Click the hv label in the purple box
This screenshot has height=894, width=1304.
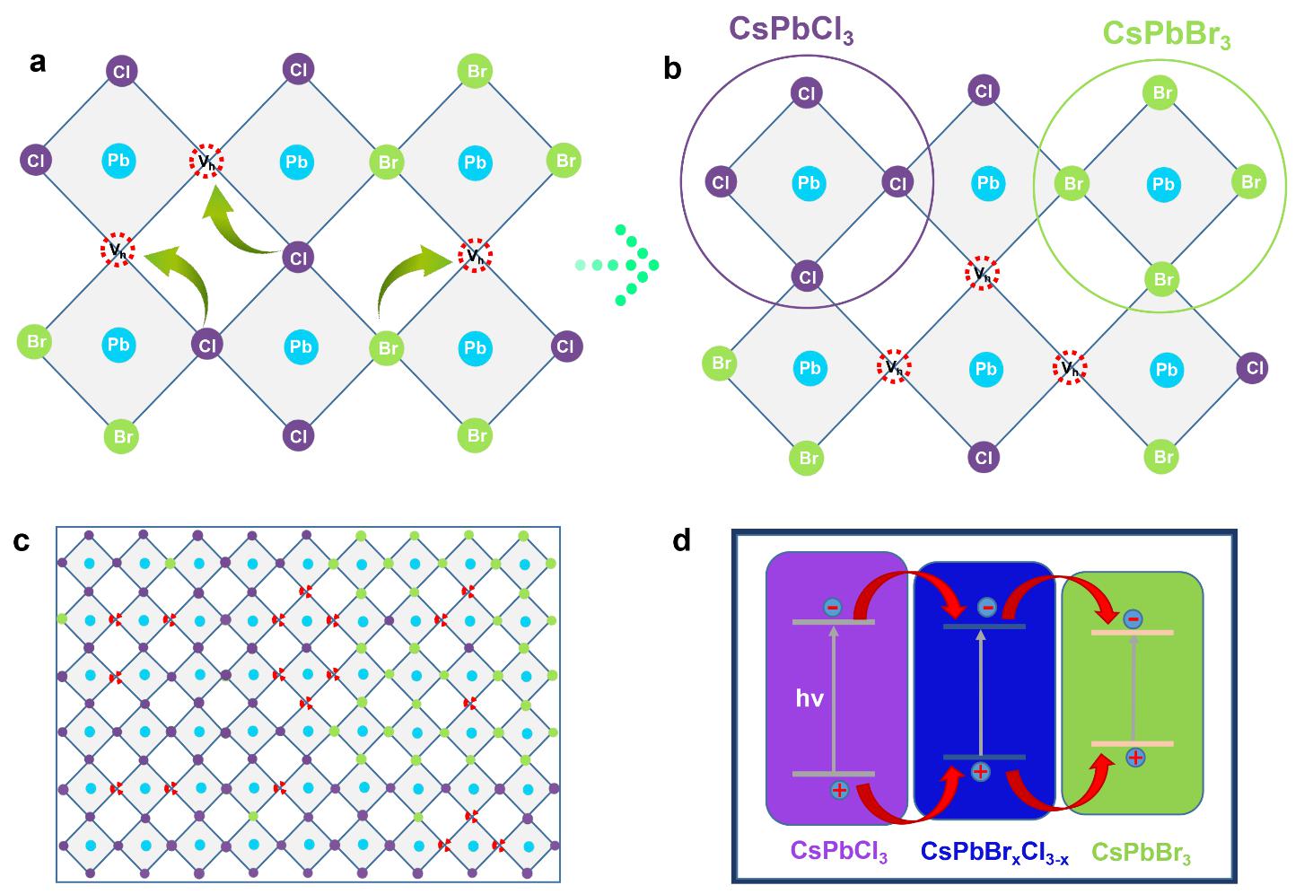coord(810,697)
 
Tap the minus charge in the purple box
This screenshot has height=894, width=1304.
coord(832,608)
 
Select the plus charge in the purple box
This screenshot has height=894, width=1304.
coord(839,790)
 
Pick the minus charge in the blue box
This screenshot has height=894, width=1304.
coord(987,608)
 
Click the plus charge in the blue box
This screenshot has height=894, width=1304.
coord(981,771)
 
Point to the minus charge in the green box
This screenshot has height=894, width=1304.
coord(1133,618)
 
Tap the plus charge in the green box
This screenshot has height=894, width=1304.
coord(1135,758)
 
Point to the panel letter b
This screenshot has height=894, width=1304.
coord(672,68)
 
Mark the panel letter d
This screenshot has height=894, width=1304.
coord(682,541)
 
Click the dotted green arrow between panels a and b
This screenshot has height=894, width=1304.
coord(619,265)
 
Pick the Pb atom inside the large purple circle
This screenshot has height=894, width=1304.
coord(809,183)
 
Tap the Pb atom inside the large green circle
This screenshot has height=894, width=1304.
coord(1163,185)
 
